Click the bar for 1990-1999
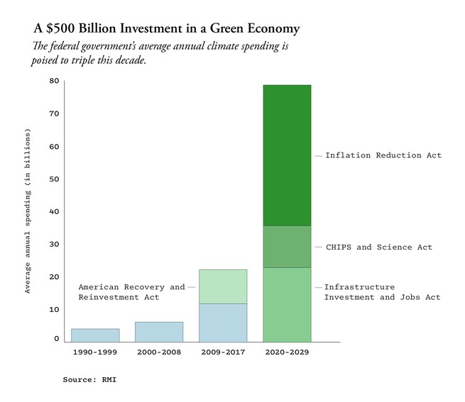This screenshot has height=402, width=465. pyautogui.click(x=95, y=335)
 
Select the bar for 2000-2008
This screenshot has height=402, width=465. pyautogui.click(x=159, y=332)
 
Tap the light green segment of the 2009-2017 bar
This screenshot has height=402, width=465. pyautogui.click(x=223, y=286)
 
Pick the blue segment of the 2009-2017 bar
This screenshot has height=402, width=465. pyautogui.click(x=223, y=323)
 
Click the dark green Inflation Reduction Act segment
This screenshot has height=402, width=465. pyautogui.click(x=287, y=155)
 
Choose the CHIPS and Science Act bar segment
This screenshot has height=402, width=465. pyautogui.click(x=287, y=247)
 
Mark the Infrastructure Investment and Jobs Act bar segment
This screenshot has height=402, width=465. pyautogui.click(x=287, y=304)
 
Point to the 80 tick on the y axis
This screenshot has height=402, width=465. pyautogui.click(x=54, y=81)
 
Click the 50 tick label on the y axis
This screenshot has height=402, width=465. pyautogui.click(x=54, y=179)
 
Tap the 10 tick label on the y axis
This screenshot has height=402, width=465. pyautogui.click(x=54, y=310)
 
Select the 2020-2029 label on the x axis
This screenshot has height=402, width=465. pyautogui.click(x=287, y=352)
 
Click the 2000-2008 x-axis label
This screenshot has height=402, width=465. pyautogui.click(x=159, y=352)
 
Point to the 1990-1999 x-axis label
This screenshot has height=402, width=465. pyautogui.click(x=95, y=352)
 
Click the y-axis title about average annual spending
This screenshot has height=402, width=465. pyautogui.click(x=28, y=211)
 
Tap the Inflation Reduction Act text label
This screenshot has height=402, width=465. pyautogui.click(x=383, y=155)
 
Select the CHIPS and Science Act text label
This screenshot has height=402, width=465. pyautogui.click(x=378, y=247)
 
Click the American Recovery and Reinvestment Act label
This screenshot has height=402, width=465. pyautogui.click(x=131, y=292)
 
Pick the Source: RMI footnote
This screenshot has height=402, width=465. pyautogui.click(x=89, y=380)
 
